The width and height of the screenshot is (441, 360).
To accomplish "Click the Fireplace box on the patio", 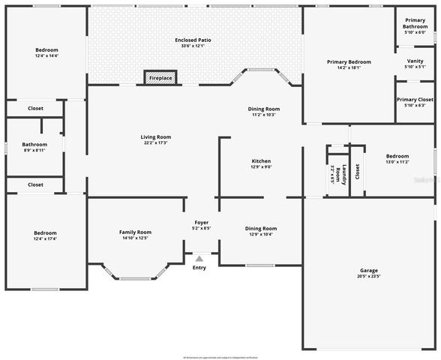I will coord(160,78).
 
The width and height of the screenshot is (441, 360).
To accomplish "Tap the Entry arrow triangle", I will coord(199,259).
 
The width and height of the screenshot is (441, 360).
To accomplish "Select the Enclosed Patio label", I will coord(195,40).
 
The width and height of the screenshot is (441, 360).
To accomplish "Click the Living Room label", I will coord(156,137).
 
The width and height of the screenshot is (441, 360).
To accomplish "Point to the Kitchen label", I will coord(261,161).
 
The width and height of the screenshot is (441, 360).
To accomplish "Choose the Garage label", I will coord(368,270).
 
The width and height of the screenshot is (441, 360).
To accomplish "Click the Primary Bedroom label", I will coord(349,61).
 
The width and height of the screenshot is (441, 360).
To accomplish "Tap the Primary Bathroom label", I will coord(415,23).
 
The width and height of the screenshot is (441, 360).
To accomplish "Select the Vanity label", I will coord(415,61).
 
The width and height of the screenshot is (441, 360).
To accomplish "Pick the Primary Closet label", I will coord(415,100).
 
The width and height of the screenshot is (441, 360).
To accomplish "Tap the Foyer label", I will coord(202,223).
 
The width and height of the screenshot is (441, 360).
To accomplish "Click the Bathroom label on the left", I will coord(34,145).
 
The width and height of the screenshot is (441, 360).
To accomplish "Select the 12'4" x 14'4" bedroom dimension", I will coord(46,55).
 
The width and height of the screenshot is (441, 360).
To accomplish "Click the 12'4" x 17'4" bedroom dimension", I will coord(46,238).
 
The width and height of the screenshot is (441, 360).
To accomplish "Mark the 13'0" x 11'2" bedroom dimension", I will coord(397,162).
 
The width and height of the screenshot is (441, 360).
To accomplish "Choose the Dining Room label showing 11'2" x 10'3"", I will coord(263,109).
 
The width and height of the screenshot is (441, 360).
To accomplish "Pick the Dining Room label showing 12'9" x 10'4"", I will coord(261,229).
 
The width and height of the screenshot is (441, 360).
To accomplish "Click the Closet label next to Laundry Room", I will coord(357,172).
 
